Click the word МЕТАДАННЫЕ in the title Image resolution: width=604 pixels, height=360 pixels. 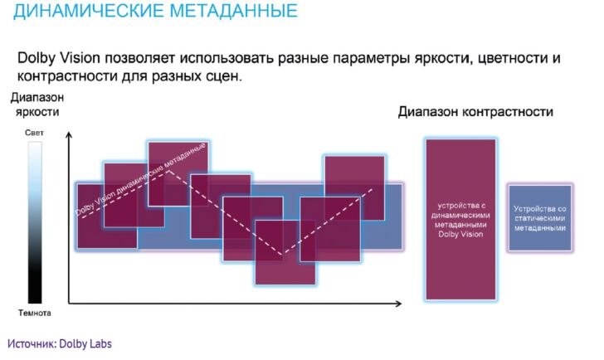[233, 10]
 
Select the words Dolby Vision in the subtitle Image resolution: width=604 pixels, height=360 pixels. [59, 58]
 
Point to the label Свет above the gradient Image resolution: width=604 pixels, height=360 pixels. [34, 133]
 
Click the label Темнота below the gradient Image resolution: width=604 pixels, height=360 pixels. [35, 313]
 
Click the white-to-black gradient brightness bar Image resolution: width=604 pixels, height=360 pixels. [35, 222]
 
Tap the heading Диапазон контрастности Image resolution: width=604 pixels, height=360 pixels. [475, 112]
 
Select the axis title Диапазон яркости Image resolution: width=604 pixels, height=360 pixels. [37, 105]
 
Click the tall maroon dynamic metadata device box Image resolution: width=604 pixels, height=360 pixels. [460, 220]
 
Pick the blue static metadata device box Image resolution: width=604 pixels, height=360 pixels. [540, 218]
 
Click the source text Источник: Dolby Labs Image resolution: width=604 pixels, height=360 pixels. [60, 343]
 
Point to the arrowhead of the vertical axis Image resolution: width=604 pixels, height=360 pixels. [69, 134]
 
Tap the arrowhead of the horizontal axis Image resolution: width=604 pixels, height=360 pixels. [399, 304]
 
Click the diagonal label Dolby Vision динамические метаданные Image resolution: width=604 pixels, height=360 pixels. [140, 179]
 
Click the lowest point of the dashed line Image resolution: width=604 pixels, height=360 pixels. [283, 254]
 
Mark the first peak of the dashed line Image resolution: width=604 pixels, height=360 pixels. [168, 171]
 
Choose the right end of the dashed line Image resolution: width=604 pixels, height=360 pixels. [373, 188]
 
